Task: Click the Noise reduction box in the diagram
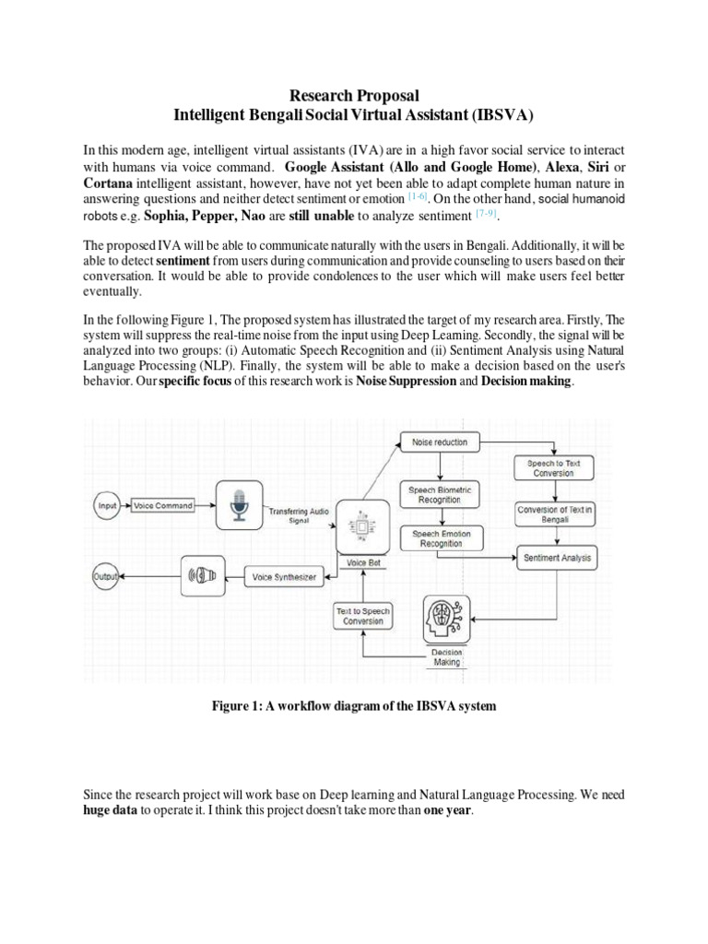pos(440,442)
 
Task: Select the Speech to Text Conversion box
pos(554,468)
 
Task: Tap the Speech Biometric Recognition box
pos(440,496)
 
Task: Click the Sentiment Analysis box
pos(558,558)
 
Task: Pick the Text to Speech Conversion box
pos(361,616)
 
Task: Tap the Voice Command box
pos(162,506)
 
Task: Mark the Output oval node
pos(106,577)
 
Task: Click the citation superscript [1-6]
pos(418,195)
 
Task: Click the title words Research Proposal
pos(355,96)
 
